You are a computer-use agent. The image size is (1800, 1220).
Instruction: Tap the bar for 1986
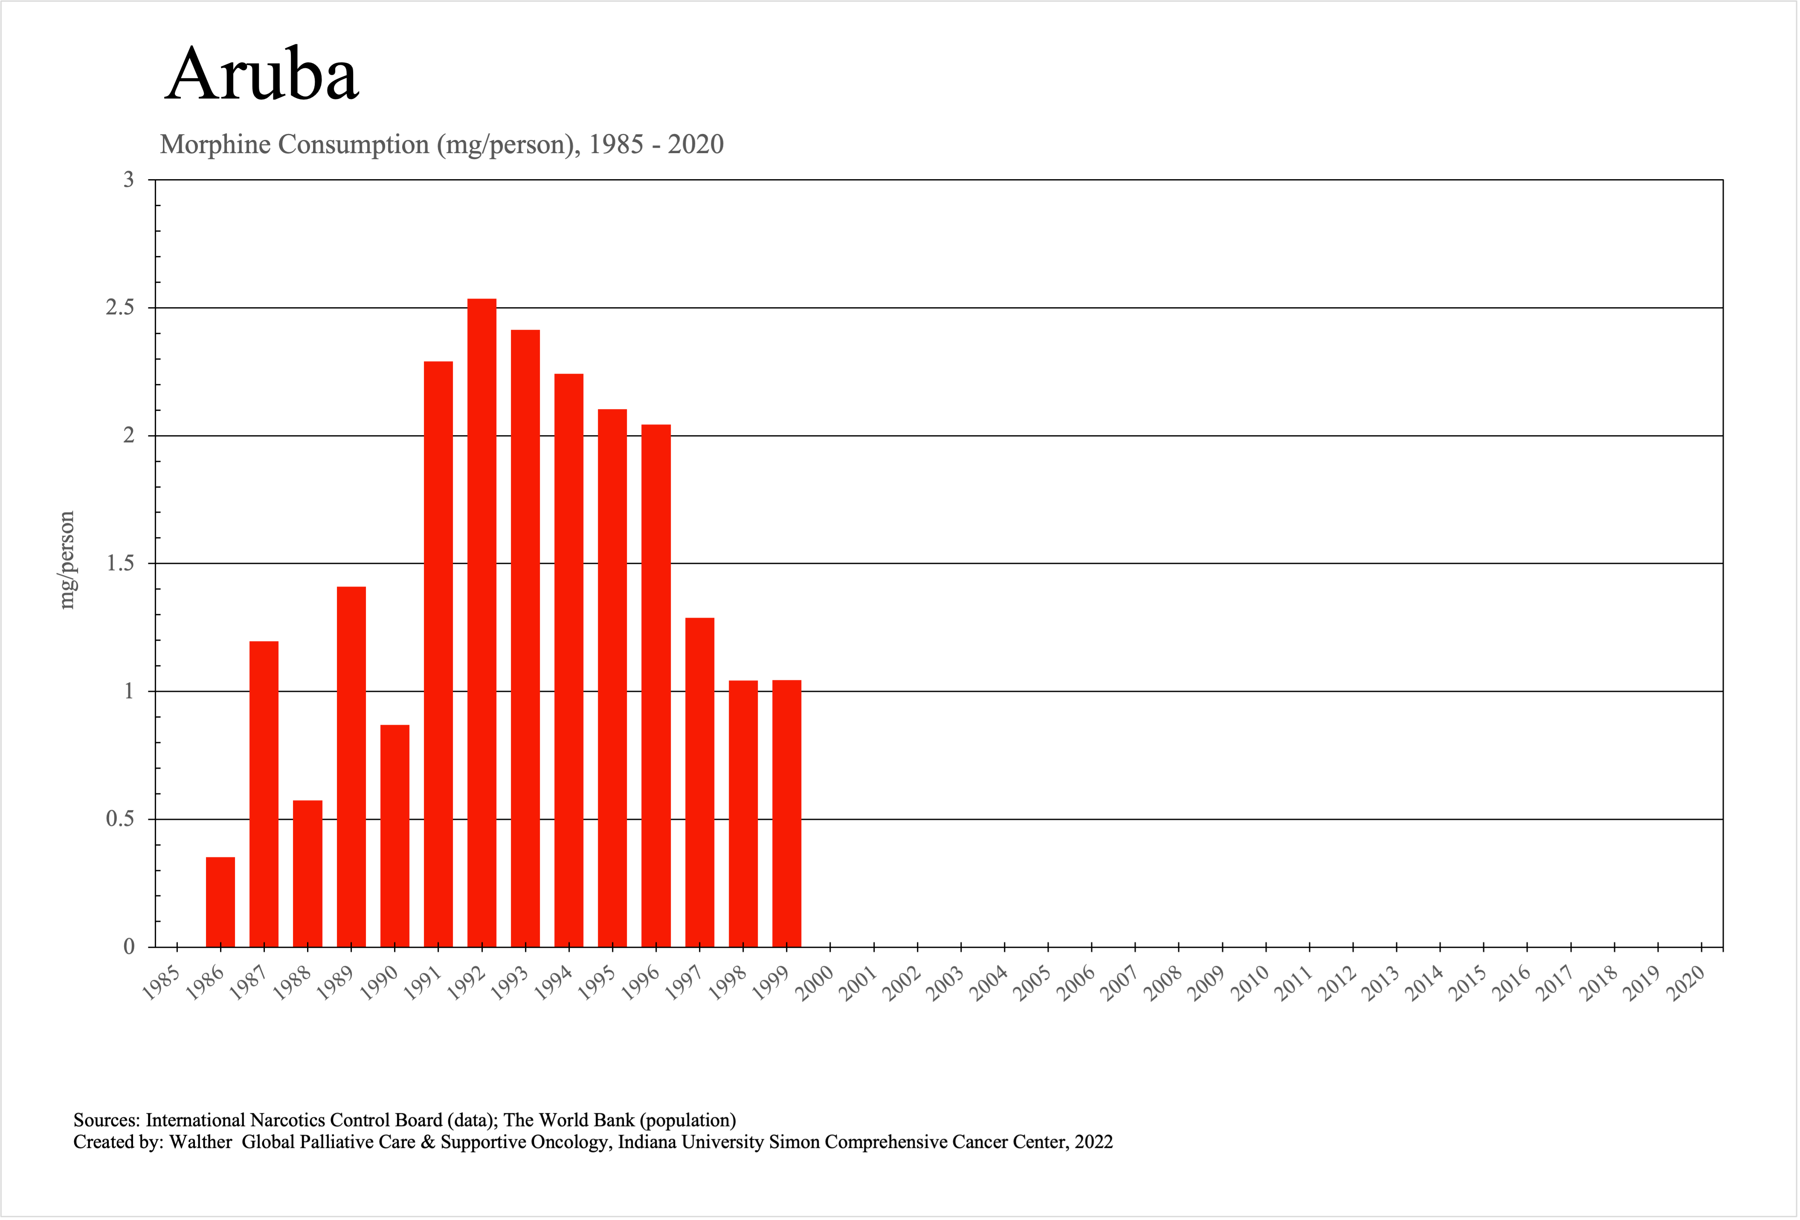point(221,902)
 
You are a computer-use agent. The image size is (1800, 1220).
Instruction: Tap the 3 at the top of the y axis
point(129,180)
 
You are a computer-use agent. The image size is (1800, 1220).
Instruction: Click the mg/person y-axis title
point(67,560)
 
